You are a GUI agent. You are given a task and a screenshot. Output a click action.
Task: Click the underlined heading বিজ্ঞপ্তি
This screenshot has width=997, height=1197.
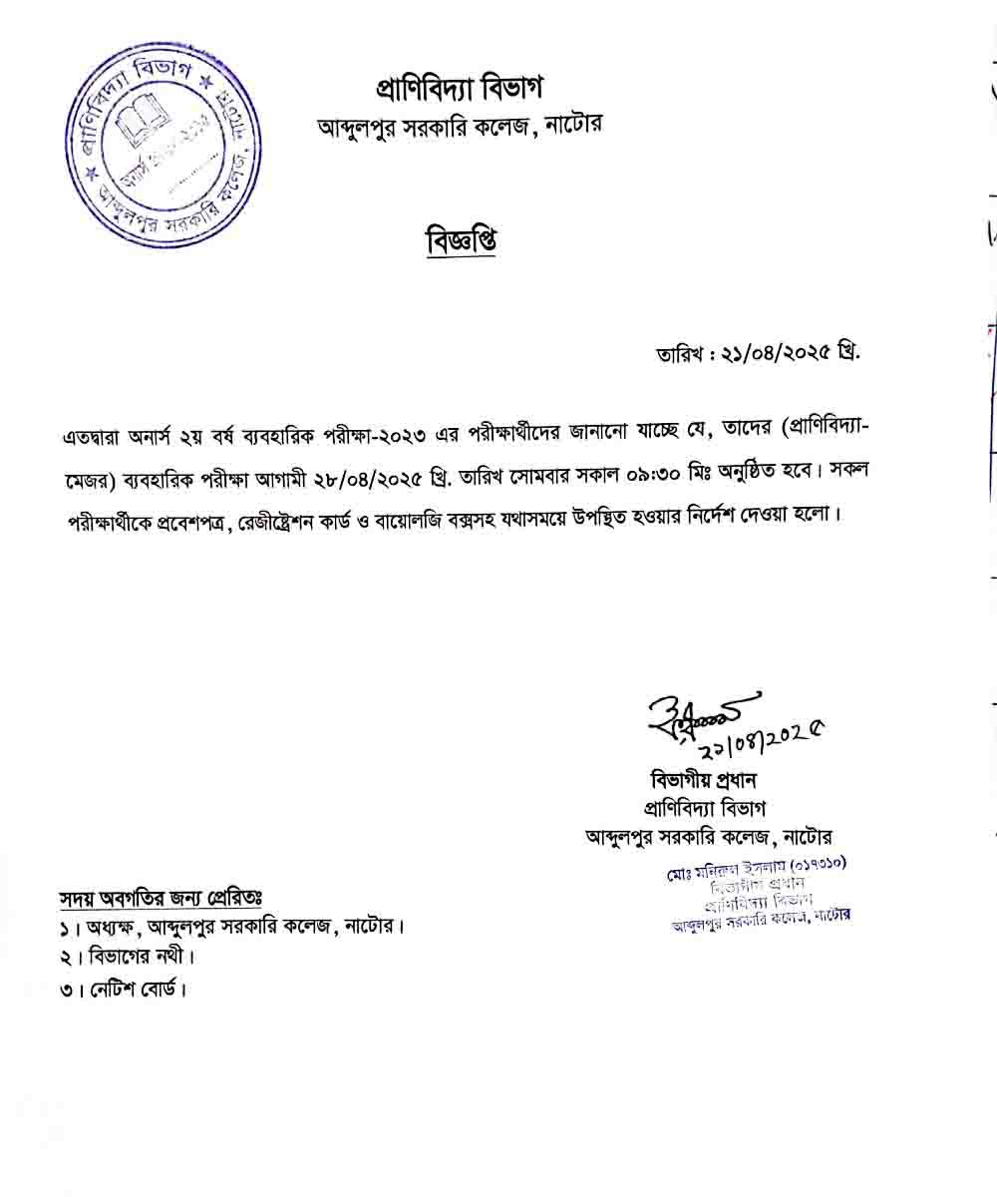click(x=461, y=240)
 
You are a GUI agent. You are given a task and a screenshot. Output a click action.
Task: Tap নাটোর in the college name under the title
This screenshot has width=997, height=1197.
click(x=572, y=127)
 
